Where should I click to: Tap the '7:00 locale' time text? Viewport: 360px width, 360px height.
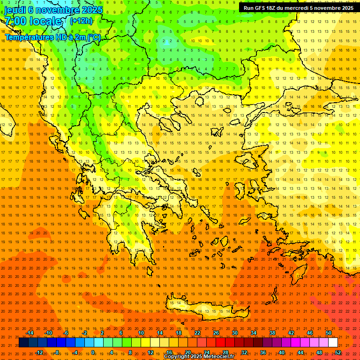pos(33,21)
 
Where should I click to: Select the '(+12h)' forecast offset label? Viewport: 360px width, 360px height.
pos(81,21)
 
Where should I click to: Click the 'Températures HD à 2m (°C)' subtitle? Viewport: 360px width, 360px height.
pos(52,37)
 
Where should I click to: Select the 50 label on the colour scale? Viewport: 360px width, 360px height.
pos(329,333)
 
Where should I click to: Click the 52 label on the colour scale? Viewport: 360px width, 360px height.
pos(338,352)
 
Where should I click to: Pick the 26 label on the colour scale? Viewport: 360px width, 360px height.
pos(216,333)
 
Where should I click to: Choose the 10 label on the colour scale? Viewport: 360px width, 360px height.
pos(141,333)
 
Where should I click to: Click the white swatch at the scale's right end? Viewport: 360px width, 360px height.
pos(333,343)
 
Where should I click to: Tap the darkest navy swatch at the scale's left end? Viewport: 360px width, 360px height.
pos(23,343)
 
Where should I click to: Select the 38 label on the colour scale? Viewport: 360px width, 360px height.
pos(272,333)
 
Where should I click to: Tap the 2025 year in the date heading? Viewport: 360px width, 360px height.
pos(91,10)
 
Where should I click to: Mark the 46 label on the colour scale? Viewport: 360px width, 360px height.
pos(310,333)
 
